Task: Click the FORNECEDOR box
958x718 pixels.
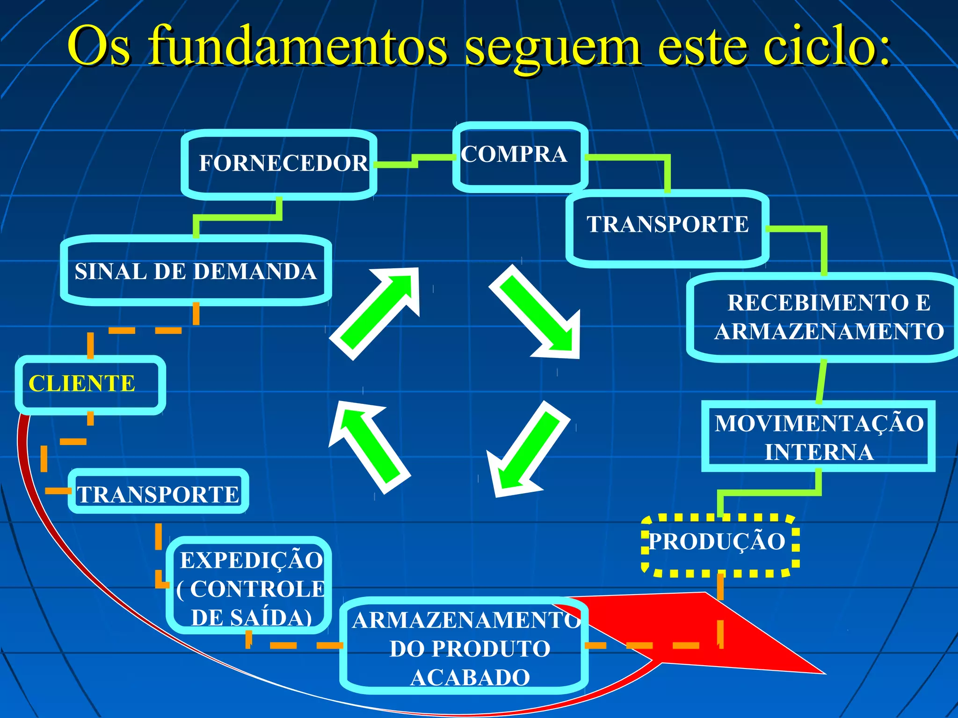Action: [x=279, y=165]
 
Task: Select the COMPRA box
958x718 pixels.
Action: [x=519, y=156]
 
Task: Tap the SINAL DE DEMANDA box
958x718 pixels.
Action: [x=196, y=271]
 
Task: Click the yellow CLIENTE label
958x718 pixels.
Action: [x=82, y=384]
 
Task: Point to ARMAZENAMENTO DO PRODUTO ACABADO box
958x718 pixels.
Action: [x=464, y=647]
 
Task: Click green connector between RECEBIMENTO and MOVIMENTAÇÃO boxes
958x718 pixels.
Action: [x=821, y=381]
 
